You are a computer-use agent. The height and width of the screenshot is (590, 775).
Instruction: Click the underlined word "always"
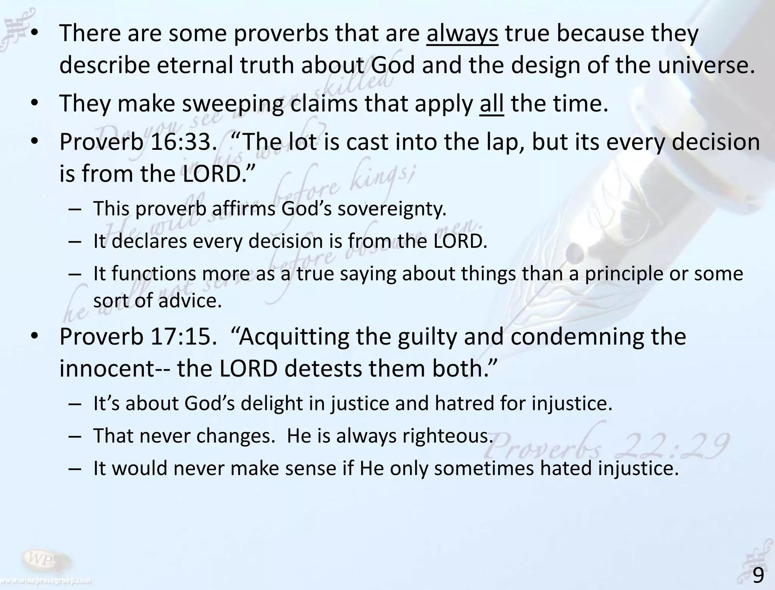tap(462, 33)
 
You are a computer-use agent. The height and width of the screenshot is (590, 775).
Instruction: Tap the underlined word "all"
tap(492, 103)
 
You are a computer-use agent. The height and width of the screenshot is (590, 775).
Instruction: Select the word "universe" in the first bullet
tap(703, 65)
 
